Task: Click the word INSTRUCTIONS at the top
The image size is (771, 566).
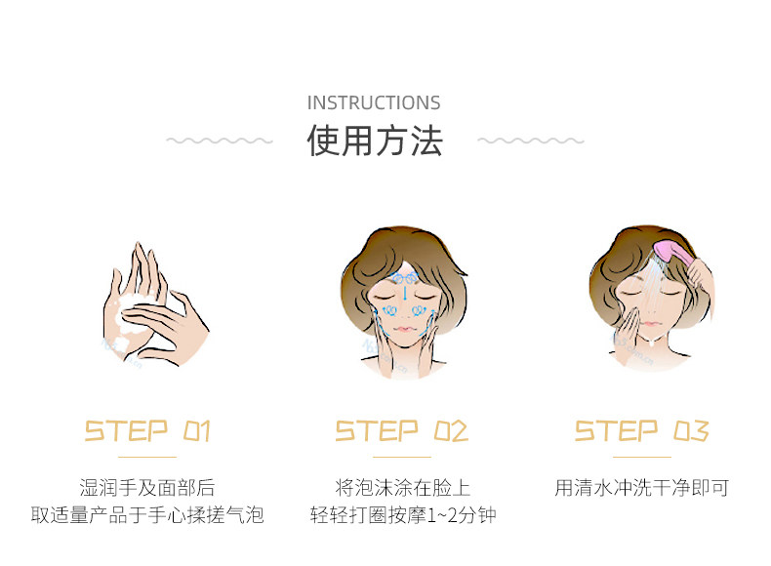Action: [374, 102]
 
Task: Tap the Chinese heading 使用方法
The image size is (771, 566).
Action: [375, 141]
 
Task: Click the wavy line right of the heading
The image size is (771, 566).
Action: [530, 141]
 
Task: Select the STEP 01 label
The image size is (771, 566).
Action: [147, 430]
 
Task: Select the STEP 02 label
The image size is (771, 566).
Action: [402, 430]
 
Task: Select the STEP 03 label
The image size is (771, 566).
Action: [641, 430]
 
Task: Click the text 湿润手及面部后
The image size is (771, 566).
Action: [147, 487]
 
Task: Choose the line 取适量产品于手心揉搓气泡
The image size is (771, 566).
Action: [147, 514]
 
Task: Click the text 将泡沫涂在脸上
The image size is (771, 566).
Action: [402, 487]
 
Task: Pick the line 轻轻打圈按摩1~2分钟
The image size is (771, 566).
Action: [402, 514]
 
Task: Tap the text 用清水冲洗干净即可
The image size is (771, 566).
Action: [641, 487]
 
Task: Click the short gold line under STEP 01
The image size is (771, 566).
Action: [147, 456]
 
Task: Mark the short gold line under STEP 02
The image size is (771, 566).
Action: [402, 456]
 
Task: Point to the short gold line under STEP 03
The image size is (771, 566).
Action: [641, 456]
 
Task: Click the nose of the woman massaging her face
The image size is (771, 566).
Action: [403, 310]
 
